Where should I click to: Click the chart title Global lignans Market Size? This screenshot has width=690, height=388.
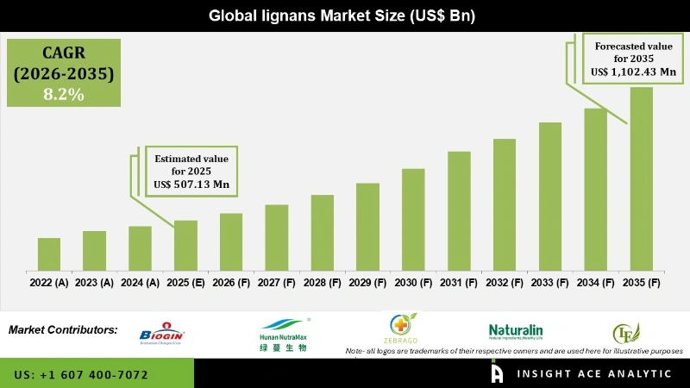pos(345,16)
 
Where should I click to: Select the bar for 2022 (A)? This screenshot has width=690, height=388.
pos(49,253)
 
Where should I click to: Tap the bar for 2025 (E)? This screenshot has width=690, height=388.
pos(185,245)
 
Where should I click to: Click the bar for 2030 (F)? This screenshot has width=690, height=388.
pos(413,219)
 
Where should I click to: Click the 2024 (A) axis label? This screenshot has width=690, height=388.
pos(140,282)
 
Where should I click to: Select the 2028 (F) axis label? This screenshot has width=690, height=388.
pos(322,282)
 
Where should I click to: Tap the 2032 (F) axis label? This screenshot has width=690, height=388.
pos(505,282)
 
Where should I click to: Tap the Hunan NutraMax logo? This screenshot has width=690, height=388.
pos(284,337)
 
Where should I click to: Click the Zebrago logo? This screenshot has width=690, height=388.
pos(401,330)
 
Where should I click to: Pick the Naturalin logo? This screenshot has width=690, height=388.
pos(516,332)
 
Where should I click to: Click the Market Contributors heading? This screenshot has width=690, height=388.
pos(63,330)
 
